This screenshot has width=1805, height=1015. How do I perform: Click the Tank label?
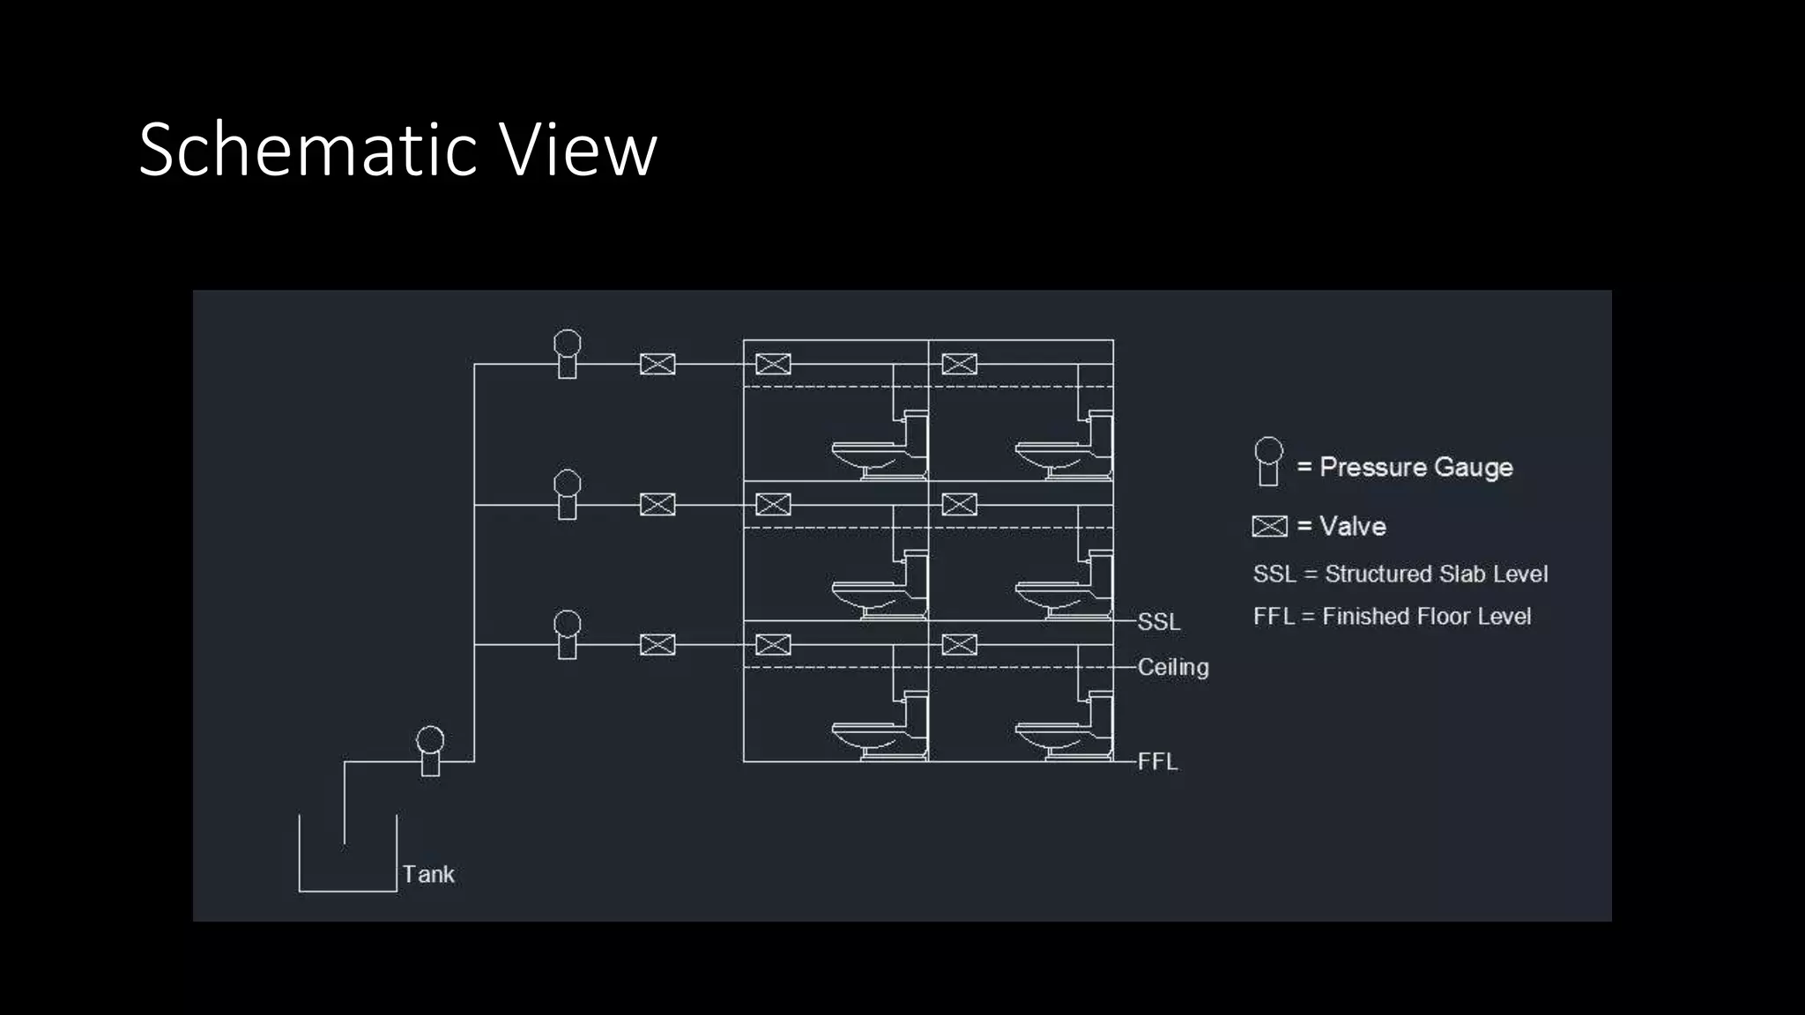pos(428,874)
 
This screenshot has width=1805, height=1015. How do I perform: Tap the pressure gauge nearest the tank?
pos(430,750)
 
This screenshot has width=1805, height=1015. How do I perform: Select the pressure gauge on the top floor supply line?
pos(567,353)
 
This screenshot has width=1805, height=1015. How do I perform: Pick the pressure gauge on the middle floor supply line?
pos(567,493)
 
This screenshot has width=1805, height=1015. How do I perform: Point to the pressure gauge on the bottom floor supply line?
pos(567,633)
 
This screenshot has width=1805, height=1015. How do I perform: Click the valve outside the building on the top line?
pos(657,364)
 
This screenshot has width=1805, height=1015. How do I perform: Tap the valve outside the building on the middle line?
pos(657,505)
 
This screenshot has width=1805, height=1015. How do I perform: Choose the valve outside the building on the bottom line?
pos(657,645)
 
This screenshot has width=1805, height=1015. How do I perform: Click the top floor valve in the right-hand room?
pos(959,364)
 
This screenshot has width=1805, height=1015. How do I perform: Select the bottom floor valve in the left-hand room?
pos(773,645)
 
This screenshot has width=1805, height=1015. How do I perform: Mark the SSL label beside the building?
pos(1158,622)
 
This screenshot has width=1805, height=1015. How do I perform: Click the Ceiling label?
pos(1173,667)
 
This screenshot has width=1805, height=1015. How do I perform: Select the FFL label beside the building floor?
pos(1157,761)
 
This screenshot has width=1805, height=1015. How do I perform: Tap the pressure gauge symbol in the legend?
pos(1268,461)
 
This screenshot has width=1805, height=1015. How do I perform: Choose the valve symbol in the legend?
pos(1269,526)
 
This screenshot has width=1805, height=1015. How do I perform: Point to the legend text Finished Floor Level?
pos(1426,617)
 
